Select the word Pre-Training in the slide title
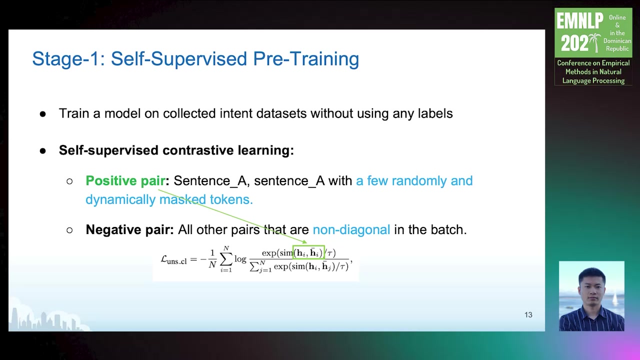tap(306, 59)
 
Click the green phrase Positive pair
tap(125, 181)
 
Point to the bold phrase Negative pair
tap(129, 229)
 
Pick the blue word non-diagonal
tap(351, 229)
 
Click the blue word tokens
tap(231, 199)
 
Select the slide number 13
tap(528, 315)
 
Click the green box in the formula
tap(308, 245)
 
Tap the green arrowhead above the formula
tap(304, 242)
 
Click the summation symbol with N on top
tap(226, 259)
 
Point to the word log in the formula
tap(240, 259)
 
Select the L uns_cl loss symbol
tap(173, 260)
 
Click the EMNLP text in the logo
tap(579, 21)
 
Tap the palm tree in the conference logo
tap(595, 42)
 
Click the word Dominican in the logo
tap(617, 41)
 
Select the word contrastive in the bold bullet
tap(198, 150)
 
